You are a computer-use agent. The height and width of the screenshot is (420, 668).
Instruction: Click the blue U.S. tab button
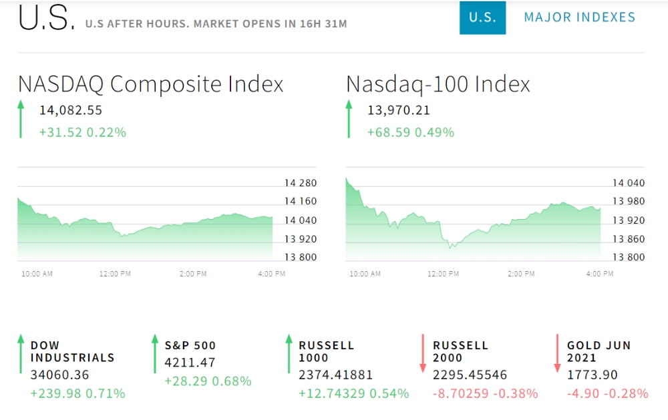pyautogui.click(x=482, y=17)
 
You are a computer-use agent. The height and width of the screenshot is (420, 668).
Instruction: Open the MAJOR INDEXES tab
pyautogui.click(x=580, y=17)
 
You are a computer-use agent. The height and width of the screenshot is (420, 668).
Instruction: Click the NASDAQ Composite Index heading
pyautogui.click(x=151, y=84)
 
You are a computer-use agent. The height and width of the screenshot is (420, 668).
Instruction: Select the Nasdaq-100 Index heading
pyautogui.click(x=438, y=84)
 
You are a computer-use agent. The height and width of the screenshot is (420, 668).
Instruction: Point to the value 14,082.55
pyautogui.click(x=70, y=110)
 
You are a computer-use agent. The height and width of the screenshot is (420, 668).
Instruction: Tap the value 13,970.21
pyautogui.click(x=399, y=110)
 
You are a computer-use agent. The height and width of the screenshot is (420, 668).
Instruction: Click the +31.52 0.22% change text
pyautogui.click(x=83, y=132)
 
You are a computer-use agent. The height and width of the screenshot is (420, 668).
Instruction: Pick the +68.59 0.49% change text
pyautogui.click(x=411, y=132)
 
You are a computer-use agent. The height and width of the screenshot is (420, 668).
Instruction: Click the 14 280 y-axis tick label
pyautogui.click(x=300, y=183)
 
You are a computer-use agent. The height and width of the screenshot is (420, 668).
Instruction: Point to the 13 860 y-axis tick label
pyautogui.click(x=629, y=238)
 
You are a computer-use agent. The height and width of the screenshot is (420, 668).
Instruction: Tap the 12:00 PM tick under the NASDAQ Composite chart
pyautogui.click(x=116, y=274)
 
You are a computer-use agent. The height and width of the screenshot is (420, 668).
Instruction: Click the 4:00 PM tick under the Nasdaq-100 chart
pyautogui.click(x=599, y=274)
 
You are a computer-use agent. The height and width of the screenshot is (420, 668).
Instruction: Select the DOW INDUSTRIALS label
pyautogui.click(x=72, y=351)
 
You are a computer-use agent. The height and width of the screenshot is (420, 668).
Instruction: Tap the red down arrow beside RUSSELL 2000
pyautogui.click(x=423, y=353)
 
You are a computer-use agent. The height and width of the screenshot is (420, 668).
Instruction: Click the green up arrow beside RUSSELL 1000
pyautogui.click(x=289, y=353)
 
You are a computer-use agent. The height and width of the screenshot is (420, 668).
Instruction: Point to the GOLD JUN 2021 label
pyautogui.click(x=599, y=351)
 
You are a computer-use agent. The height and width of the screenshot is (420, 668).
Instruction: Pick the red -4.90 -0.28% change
pyautogui.click(x=608, y=393)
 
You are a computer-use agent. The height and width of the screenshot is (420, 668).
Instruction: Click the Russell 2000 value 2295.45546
pyautogui.click(x=470, y=375)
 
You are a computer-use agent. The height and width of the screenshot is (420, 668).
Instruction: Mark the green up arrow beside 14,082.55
pyautogui.click(x=21, y=119)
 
